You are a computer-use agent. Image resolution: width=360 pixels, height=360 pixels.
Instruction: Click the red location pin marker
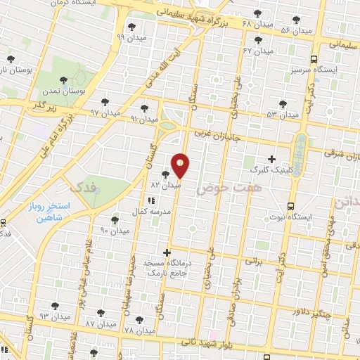181,165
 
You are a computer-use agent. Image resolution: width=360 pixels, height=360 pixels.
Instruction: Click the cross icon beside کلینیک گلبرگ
272,160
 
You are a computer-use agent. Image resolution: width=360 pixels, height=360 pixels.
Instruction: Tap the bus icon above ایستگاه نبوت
291,207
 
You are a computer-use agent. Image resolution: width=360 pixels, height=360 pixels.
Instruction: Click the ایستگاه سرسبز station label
310,72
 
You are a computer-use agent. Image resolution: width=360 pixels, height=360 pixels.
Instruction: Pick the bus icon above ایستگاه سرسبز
314,60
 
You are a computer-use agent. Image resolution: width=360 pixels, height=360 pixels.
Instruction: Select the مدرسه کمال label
149,211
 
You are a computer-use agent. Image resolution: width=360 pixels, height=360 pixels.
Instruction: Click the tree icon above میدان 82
165,174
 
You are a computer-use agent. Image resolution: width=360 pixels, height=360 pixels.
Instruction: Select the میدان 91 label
143,119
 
